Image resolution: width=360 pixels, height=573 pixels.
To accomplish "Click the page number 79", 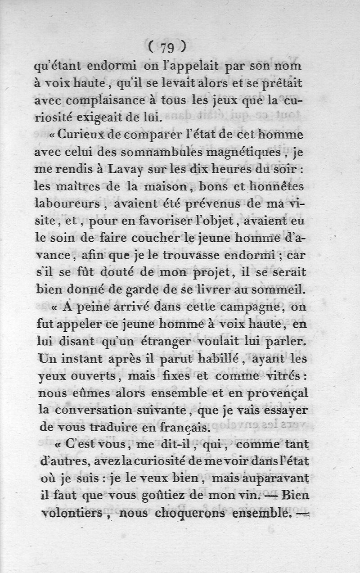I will coord(166,46).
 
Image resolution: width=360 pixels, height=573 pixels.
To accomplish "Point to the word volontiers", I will coord(68,512).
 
